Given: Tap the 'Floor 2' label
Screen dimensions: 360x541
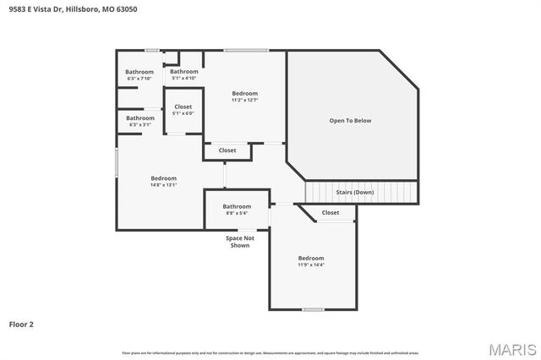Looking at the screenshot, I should coord(21,324).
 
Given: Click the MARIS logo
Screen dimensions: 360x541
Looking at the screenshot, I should coord(511,349).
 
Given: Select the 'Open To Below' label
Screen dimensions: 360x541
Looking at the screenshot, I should coord(350,121).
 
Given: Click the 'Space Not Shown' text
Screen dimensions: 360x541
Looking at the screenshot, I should coord(240,242).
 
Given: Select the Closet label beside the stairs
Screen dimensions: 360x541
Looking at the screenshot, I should coord(331,213).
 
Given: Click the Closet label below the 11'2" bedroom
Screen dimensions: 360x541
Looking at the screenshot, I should coord(227,150).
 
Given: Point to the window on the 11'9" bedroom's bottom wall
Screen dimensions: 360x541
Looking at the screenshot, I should coord(313,309).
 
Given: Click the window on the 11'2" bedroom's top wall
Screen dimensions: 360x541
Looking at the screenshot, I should coord(246,51).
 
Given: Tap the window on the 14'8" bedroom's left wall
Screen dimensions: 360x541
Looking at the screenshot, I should coord(117,162).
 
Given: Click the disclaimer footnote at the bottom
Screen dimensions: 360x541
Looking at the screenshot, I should coord(270,352).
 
